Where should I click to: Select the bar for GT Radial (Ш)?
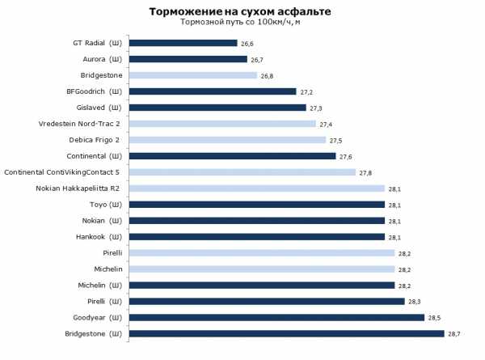click(x=183, y=43)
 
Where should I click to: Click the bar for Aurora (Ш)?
click(x=188, y=59)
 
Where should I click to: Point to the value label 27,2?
click(x=307, y=91)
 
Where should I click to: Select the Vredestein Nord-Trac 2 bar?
click(x=222, y=124)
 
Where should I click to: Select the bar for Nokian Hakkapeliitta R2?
click(x=257, y=188)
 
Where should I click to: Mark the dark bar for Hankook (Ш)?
click(x=257, y=237)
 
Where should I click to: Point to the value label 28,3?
click(x=415, y=301)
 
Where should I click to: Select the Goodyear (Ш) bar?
click(x=276, y=317)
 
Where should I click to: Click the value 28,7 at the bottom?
click(x=454, y=333)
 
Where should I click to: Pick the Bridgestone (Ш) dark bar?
click(x=286, y=333)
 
